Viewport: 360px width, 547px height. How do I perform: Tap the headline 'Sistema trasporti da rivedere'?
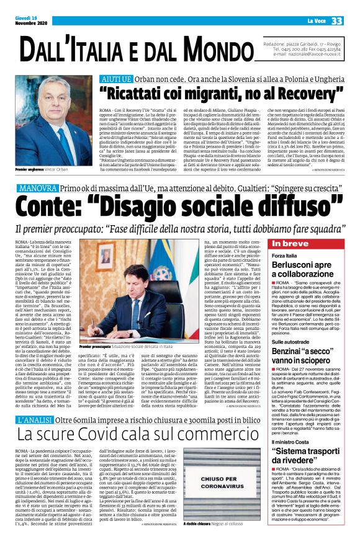(x=307, y=470)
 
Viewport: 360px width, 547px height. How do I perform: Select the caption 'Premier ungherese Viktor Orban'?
(x=47, y=168)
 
